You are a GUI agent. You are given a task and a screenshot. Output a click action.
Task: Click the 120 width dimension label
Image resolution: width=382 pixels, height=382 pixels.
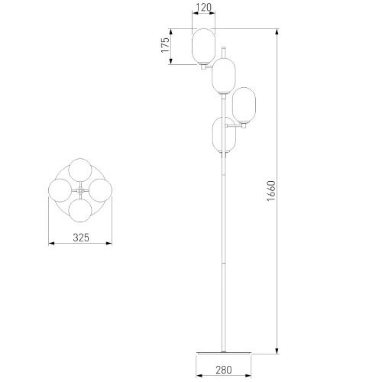click(204, 8)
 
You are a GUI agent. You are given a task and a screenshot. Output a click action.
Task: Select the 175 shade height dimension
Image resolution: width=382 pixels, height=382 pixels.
click(165, 45)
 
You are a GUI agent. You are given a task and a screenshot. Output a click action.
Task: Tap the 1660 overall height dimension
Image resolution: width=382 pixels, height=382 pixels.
click(271, 191)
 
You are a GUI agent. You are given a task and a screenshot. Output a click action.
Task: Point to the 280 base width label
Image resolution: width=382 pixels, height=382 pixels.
click(224, 370)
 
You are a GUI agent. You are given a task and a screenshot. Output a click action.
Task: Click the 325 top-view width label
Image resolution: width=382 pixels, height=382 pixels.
click(81, 238)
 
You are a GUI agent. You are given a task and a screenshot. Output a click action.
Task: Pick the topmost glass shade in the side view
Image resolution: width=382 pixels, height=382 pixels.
click(203, 46)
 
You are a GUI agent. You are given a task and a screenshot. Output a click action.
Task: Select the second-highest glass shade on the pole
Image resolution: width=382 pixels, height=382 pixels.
click(224, 76)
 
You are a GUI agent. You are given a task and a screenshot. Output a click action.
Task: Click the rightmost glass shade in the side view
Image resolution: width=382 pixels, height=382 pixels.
click(244, 105)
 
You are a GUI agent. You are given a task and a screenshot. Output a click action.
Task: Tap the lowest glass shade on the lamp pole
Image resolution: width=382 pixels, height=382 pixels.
click(224, 134)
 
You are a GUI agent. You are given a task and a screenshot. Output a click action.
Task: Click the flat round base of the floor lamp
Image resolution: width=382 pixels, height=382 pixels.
click(224, 353)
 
